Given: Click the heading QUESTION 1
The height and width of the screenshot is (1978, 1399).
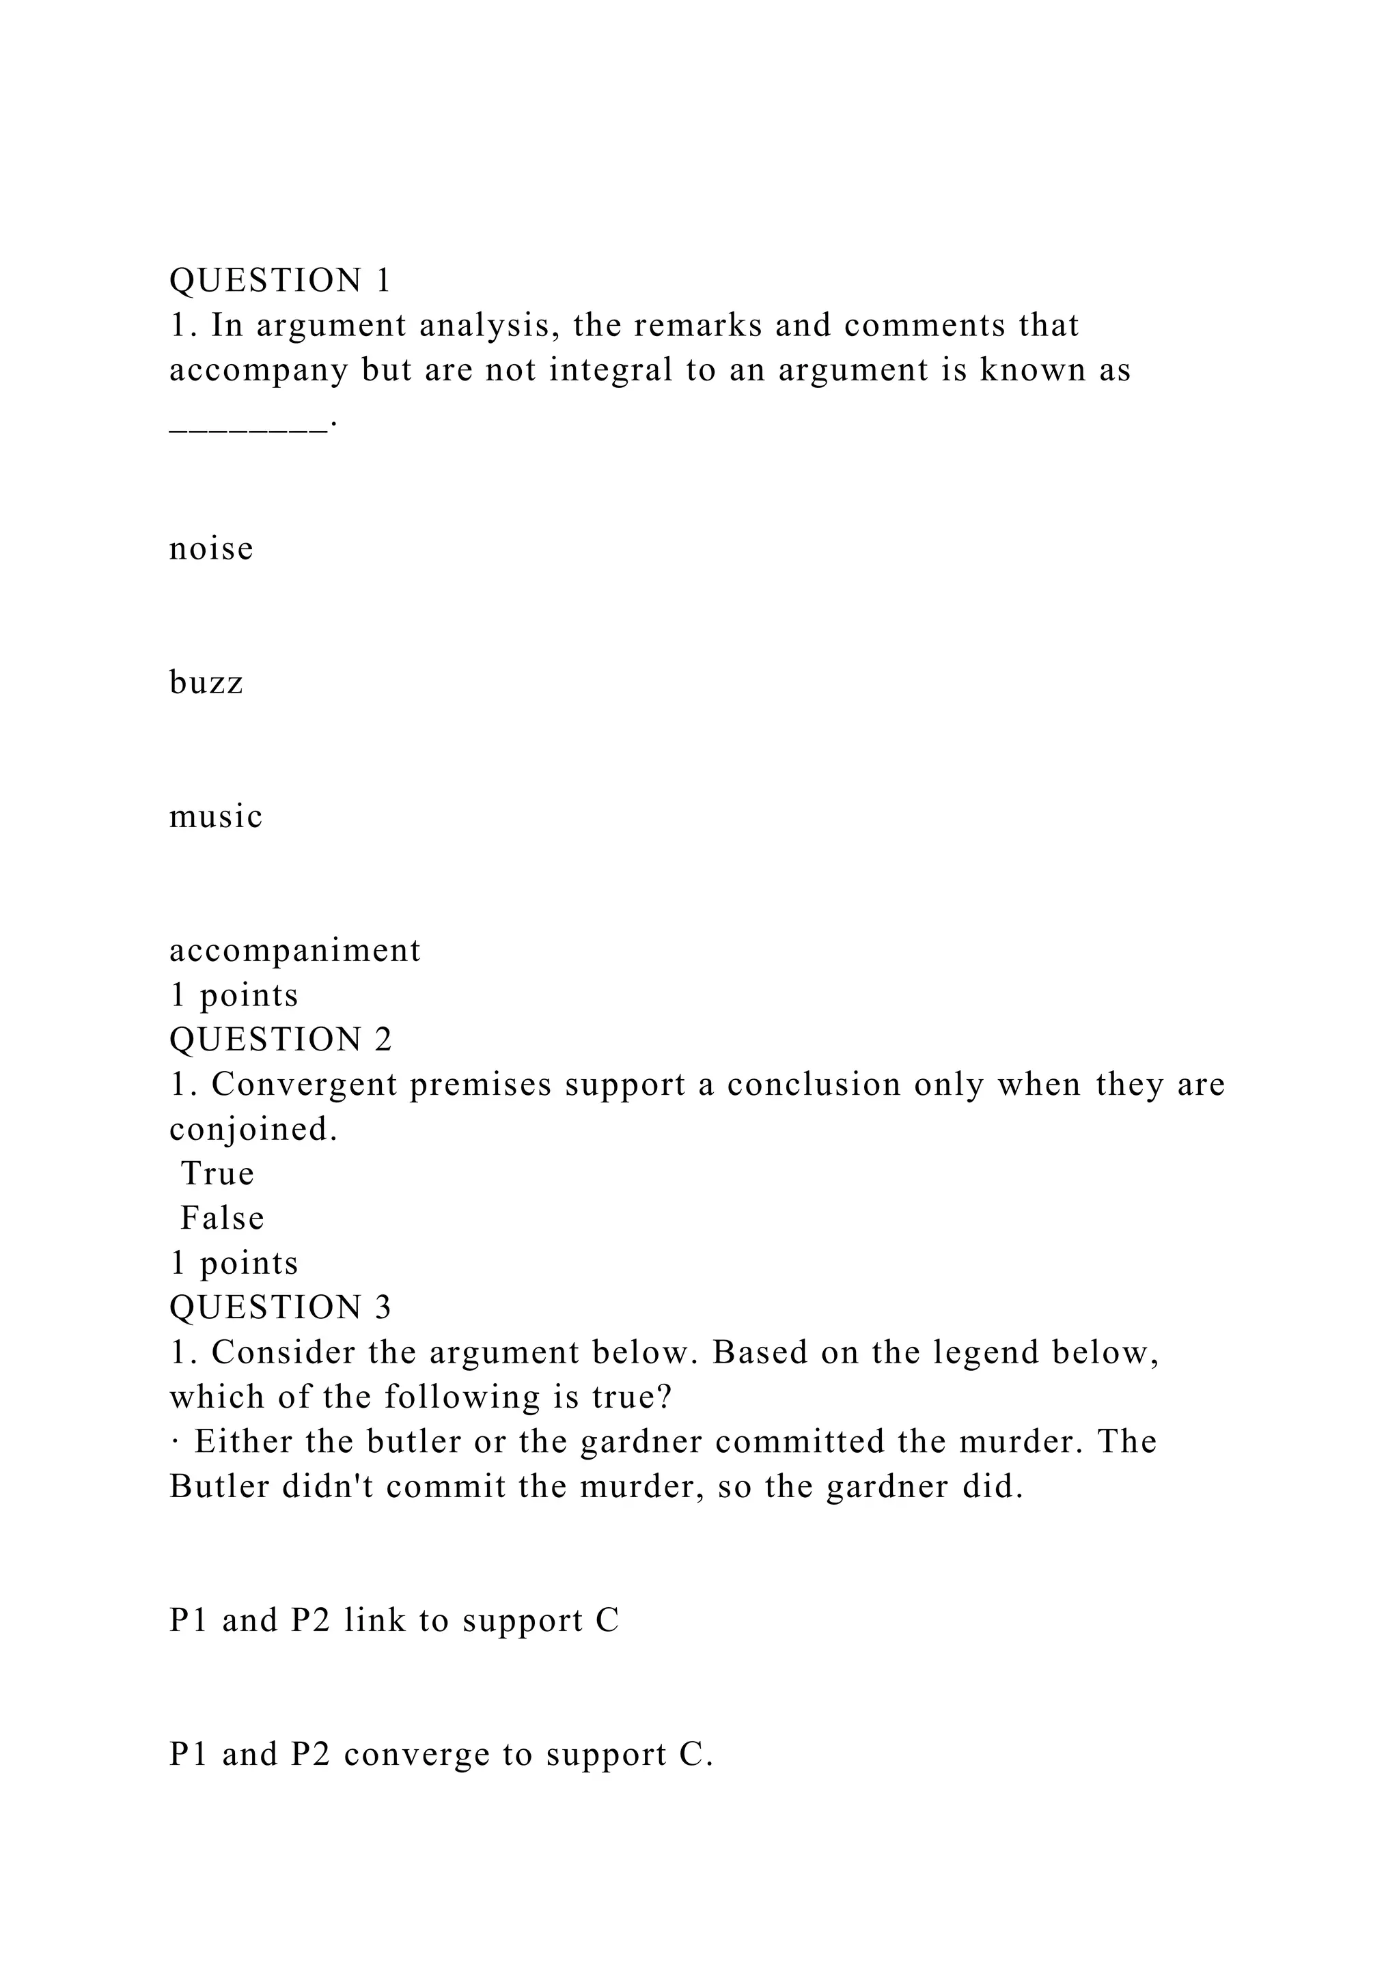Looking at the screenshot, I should (x=280, y=281).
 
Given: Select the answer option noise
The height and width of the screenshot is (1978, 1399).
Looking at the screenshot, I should (x=211, y=548).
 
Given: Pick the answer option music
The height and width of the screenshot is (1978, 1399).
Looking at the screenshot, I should (x=215, y=817).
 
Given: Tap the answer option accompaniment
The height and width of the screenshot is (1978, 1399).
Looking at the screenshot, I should (x=294, y=950).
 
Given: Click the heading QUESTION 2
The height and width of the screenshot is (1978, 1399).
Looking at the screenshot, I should (x=280, y=1040).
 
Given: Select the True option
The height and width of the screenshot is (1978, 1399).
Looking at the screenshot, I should (x=217, y=1173).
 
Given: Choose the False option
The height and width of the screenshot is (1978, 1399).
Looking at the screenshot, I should (x=221, y=1218).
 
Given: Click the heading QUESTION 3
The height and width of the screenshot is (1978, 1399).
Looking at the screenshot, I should (x=280, y=1308).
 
